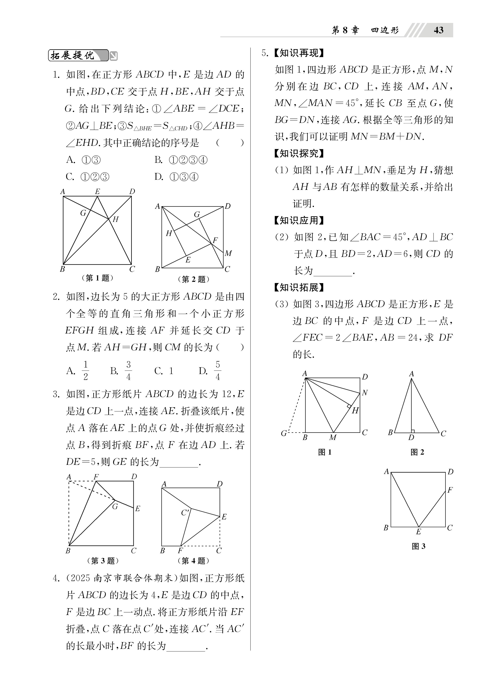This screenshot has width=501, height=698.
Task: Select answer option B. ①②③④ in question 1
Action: coord(181,160)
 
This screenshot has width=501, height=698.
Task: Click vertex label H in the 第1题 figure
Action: coord(115,220)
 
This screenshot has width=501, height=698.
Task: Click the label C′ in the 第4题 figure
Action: coord(185,513)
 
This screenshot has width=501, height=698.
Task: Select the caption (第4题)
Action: coord(193,561)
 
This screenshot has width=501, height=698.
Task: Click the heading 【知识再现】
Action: coord(299,53)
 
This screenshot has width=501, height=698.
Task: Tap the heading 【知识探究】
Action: coord(299,153)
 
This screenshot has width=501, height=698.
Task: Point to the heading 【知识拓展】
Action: coord(299,287)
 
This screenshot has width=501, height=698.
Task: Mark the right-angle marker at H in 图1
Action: coord(349,406)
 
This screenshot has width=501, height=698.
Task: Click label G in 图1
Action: coord(284,433)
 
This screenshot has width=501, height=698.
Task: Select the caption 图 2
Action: coord(417,452)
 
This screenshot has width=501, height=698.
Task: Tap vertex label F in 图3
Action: coord(450,490)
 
